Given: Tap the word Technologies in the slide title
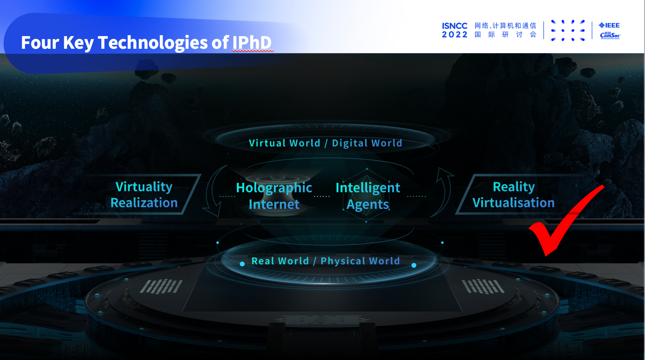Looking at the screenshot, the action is click(153, 43).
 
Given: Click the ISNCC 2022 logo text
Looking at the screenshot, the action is click(454, 30).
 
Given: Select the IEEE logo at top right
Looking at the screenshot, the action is click(609, 25).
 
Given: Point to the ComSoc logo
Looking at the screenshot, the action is click(610, 35).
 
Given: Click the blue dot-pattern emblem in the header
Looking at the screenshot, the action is click(568, 31).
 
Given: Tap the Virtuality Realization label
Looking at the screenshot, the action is click(144, 195).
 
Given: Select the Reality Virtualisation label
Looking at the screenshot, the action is click(514, 195).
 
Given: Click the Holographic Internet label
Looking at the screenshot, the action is click(274, 196).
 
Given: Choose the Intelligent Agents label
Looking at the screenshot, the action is click(368, 196).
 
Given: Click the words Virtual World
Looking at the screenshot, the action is click(284, 143).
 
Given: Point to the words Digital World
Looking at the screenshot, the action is click(367, 143).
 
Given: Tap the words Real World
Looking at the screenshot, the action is click(280, 261).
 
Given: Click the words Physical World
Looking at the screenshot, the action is click(360, 261).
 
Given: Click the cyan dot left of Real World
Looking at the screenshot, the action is click(242, 264).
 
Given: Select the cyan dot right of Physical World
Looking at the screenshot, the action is click(414, 265).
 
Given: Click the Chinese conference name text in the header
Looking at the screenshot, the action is click(505, 30).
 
